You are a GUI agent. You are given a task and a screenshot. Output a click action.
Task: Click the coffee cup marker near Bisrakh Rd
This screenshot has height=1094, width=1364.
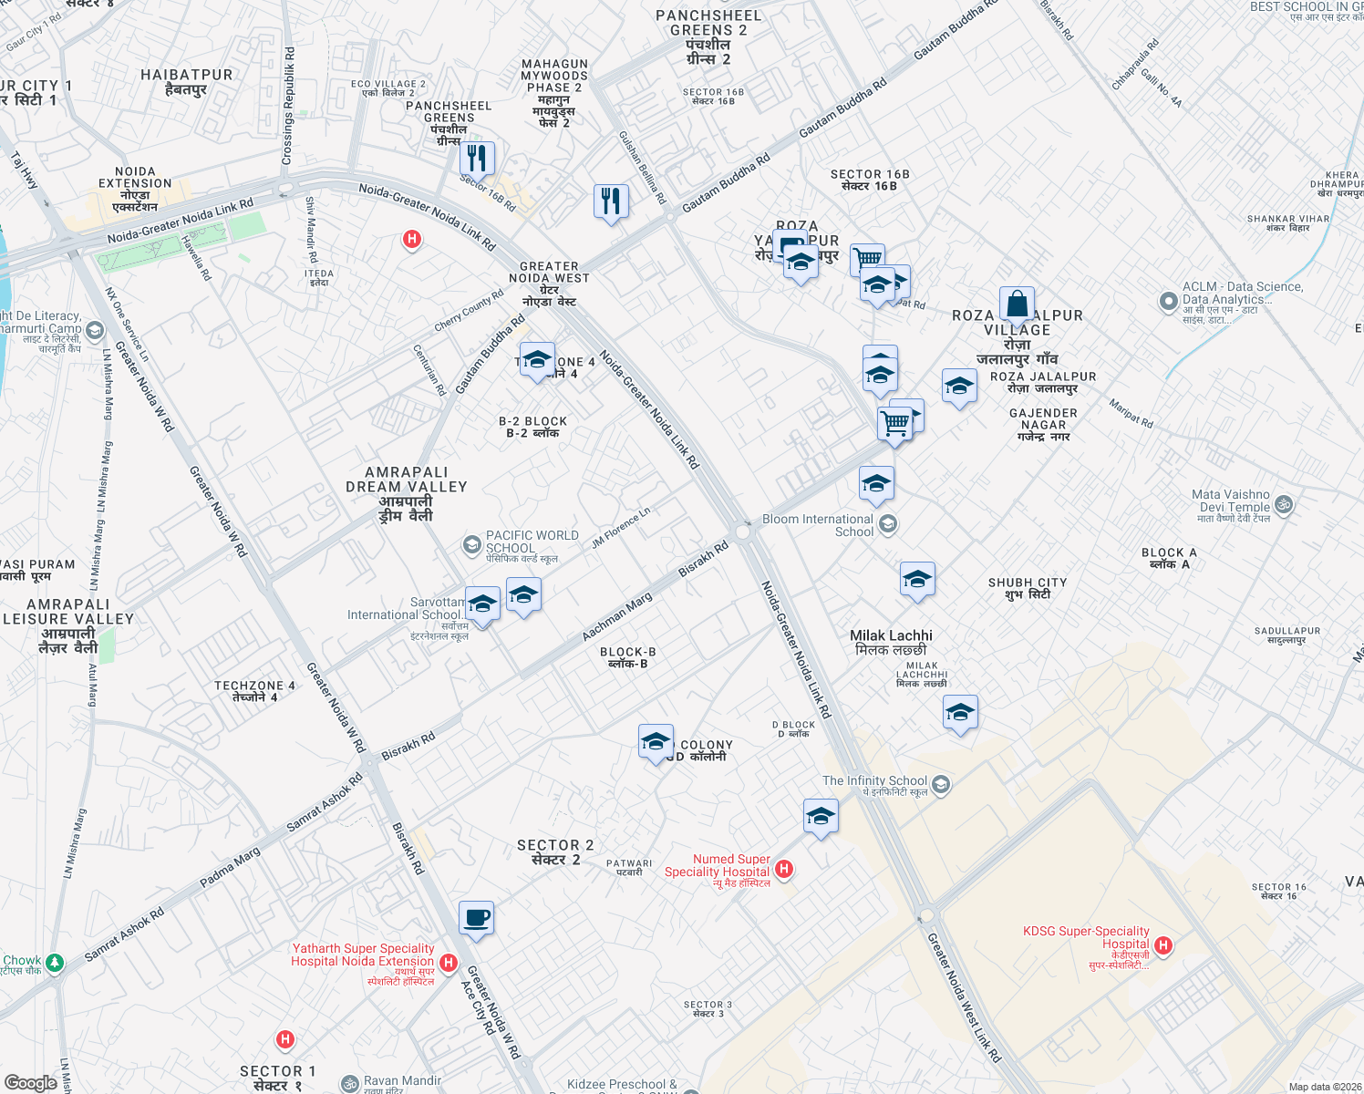476,918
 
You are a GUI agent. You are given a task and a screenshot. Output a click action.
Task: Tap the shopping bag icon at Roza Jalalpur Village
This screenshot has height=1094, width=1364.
1017,304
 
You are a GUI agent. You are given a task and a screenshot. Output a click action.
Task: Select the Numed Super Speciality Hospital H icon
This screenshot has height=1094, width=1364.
784,869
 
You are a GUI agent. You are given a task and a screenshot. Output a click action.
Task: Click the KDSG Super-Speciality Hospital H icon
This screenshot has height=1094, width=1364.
1162,946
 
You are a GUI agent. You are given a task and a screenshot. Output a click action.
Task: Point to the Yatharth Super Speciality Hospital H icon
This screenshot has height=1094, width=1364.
448,963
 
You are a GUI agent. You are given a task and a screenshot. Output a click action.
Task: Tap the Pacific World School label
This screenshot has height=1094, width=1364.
532,542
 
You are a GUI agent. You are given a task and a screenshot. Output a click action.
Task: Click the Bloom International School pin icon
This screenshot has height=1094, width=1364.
889,524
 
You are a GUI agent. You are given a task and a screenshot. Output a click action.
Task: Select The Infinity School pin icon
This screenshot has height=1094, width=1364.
941,784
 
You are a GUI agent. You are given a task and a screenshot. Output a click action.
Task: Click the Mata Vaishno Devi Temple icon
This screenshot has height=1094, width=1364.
1284,504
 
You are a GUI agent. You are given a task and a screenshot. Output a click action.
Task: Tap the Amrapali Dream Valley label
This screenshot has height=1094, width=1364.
407,480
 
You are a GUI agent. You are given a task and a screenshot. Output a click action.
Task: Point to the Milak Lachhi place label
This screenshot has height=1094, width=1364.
891,635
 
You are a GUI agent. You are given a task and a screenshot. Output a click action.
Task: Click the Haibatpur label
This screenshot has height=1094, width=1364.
187,75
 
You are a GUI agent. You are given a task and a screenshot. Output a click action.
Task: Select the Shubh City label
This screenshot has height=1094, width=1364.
1028,583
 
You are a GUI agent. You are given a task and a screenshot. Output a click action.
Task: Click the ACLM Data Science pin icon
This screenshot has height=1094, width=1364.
1168,301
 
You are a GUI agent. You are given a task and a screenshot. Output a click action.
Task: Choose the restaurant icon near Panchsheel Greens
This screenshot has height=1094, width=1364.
477,158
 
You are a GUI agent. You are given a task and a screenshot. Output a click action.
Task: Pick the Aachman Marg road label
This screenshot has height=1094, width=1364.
617,616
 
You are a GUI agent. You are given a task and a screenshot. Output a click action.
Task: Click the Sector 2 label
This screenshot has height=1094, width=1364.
555,846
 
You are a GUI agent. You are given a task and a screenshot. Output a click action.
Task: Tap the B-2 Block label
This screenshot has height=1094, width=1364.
532,422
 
